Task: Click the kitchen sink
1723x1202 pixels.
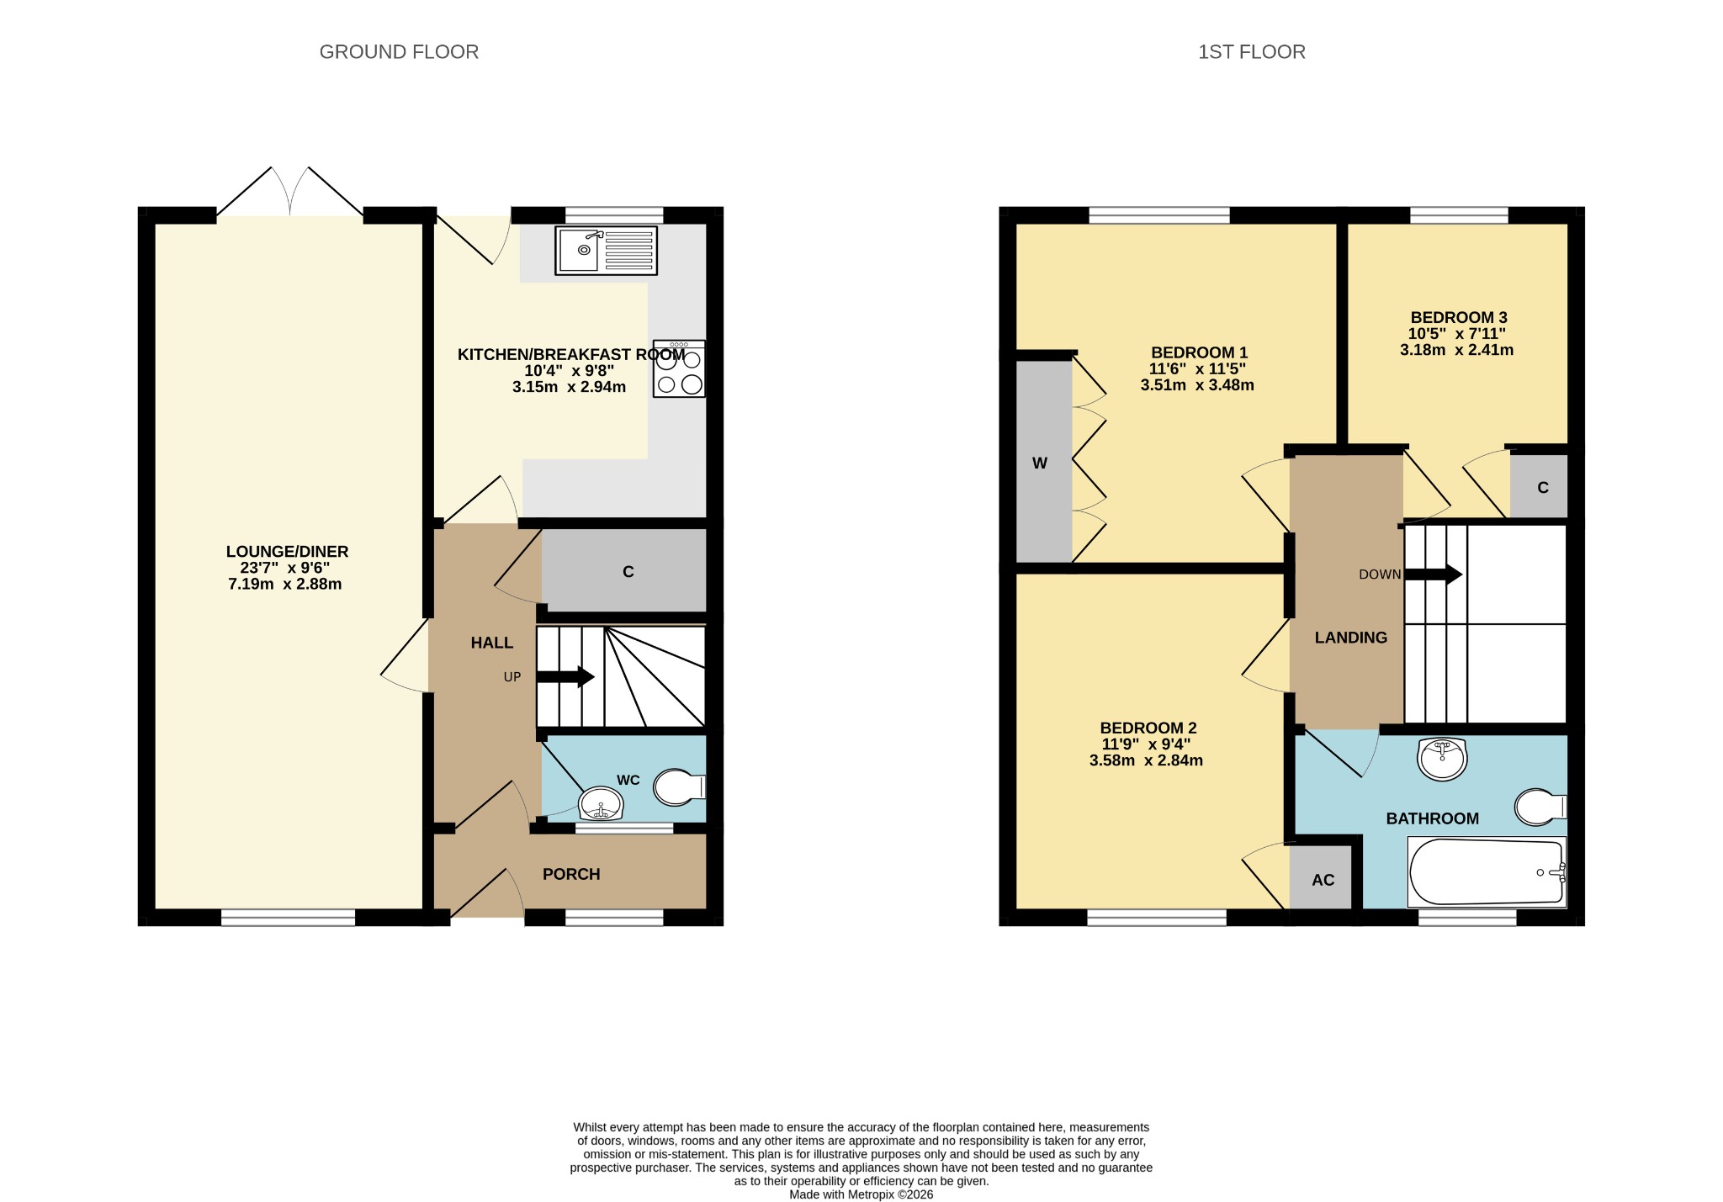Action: (606, 250)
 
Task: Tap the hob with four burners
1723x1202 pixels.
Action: (679, 368)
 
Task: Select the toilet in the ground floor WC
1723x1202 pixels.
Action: (680, 786)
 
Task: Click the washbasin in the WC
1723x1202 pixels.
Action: (601, 804)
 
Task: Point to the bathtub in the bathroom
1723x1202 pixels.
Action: (1487, 872)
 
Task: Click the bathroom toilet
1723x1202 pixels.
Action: (1540, 807)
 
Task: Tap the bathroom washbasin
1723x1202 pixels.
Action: (1442, 759)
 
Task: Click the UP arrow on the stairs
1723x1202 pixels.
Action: (565, 676)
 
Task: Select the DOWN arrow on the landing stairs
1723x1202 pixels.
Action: (1434, 575)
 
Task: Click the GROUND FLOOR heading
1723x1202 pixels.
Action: (399, 52)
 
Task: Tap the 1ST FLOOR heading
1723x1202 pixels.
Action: (1252, 52)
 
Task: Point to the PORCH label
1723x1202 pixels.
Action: (571, 875)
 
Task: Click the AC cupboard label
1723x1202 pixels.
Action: (1323, 880)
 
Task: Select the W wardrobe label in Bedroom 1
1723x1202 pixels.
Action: (1040, 463)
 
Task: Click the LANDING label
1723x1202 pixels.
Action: (1351, 638)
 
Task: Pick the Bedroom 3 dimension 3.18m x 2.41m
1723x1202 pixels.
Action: (1457, 350)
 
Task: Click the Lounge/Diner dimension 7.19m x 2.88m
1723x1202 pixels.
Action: (285, 584)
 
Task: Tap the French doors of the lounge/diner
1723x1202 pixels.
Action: (290, 192)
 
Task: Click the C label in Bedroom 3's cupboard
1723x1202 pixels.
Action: (1543, 488)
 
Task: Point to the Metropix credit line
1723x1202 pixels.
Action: (861, 1194)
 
